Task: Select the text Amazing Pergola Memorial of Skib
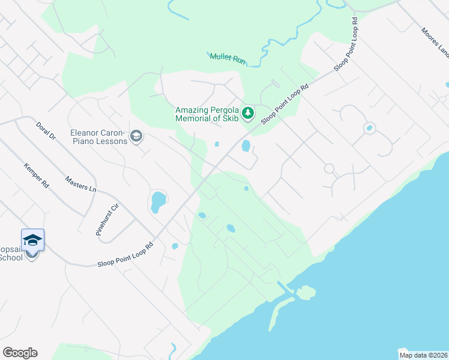click(x=207, y=114)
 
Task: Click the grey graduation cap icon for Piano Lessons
click(x=136, y=137)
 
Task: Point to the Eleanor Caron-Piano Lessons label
click(x=98, y=137)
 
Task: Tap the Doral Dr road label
click(x=46, y=130)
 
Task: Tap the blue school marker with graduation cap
click(x=32, y=241)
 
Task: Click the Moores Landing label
click(x=435, y=43)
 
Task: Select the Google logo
click(x=20, y=353)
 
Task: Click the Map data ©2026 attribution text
click(x=423, y=355)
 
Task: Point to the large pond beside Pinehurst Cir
click(x=158, y=202)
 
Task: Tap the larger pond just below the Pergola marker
click(x=246, y=146)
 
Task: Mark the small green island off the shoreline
click(x=306, y=293)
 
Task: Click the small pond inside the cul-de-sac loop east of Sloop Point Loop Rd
click(x=369, y=128)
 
